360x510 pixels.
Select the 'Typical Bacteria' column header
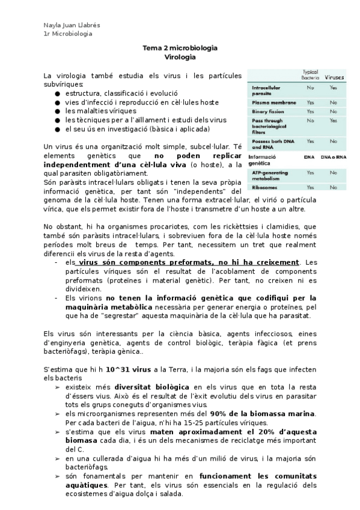(310, 75)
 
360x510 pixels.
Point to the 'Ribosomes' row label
(264, 187)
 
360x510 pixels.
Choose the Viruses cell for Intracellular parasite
(334, 88)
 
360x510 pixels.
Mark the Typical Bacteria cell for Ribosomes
(310, 187)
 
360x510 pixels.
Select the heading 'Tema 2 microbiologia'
(180, 48)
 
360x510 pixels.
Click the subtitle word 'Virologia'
(180, 57)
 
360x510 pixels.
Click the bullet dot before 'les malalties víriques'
(57, 111)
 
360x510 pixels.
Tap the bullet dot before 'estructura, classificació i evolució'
(57, 94)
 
